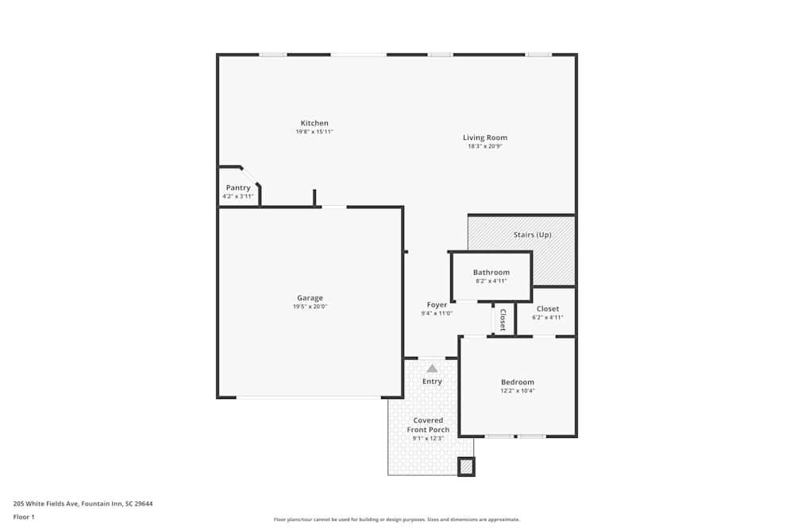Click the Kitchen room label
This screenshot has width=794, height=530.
pos(314,123)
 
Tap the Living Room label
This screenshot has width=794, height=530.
pos(485,137)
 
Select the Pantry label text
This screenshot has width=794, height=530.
pos(238,188)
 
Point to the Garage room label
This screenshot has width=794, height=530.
pos(310,298)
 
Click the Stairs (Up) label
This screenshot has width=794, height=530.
pos(532,234)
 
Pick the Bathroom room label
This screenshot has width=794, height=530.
pos(491,273)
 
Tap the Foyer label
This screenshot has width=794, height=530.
pos(437,304)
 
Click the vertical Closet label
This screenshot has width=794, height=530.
pos(503,319)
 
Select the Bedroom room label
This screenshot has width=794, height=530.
pos(518,381)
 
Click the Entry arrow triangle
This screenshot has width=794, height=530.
pos(432,368)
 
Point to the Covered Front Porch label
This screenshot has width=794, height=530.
pos(428,425)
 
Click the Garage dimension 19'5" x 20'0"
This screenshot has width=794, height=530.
pos(310,307)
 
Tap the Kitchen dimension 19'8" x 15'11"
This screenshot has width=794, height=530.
pos(314,132)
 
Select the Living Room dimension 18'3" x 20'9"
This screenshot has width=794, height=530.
pos(485,146)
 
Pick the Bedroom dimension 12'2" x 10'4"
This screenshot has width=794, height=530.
pos(518,390)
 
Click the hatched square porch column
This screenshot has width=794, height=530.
pos(466,466)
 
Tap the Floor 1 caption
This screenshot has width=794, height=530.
pos(24,516)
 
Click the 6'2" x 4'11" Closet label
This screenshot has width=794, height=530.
pos(547,317)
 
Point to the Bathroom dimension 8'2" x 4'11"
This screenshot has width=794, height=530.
pos(491,280)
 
